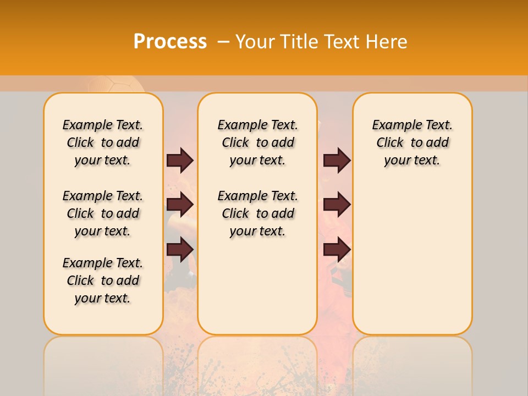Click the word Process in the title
170,42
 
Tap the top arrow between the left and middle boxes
180,160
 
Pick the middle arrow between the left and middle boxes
180,205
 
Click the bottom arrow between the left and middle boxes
180,249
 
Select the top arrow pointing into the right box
337,160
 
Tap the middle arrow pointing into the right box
337,205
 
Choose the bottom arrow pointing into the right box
337,249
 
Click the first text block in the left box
103,142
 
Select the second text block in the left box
103,213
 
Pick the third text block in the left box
103,280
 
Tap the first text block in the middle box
258,142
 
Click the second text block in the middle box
258,213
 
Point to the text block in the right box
413,142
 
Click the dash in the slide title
223,42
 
